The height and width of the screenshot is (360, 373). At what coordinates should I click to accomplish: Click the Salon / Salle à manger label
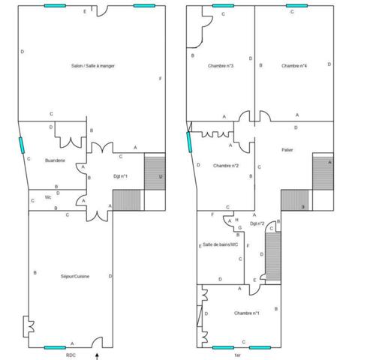coord(93,66)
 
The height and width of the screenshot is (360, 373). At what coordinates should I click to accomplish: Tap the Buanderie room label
coord(55,160)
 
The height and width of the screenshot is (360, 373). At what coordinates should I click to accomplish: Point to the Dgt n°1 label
coord(120,176)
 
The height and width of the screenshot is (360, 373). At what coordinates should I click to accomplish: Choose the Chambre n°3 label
coord(220,66)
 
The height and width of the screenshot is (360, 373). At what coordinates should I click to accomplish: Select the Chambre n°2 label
coord(225,165)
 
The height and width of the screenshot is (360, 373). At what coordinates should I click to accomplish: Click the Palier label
coord(287,150)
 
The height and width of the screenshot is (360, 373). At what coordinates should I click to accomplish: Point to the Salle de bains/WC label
coord(220,244)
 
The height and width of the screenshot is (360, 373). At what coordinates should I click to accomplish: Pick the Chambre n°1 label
coord(246,313)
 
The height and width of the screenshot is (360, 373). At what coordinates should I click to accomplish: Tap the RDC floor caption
coord(71,355)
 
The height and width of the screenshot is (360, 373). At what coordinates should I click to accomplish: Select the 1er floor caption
coord(237,355)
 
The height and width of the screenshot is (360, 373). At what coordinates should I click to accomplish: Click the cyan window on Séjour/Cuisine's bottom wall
coord(55,347)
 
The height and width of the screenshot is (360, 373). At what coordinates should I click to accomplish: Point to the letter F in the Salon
coord(160,79)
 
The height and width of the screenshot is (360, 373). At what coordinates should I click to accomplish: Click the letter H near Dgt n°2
coord(236,220)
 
